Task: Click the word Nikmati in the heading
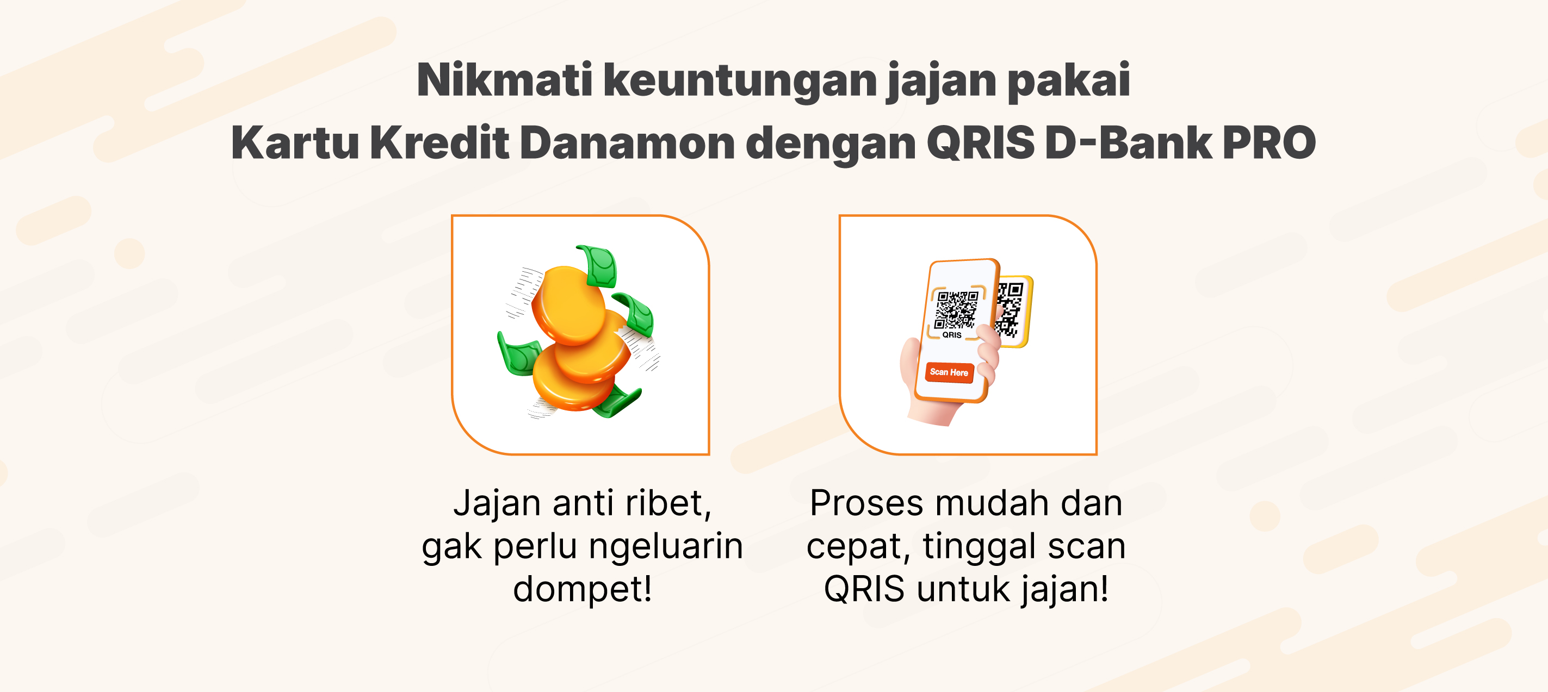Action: point(505,80)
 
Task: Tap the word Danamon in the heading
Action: point(627,143)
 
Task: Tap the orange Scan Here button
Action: point(949,372)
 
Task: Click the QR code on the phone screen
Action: point(957,310)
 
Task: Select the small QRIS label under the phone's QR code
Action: point(952,335)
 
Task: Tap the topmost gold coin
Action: point(568,305)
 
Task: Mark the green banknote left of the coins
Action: point(518,354)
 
